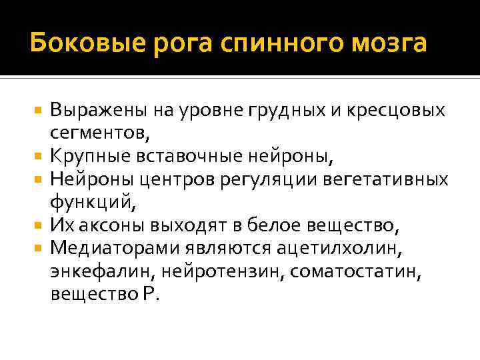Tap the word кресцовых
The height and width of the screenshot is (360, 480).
pyautogui.click(x=389, y=111)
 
